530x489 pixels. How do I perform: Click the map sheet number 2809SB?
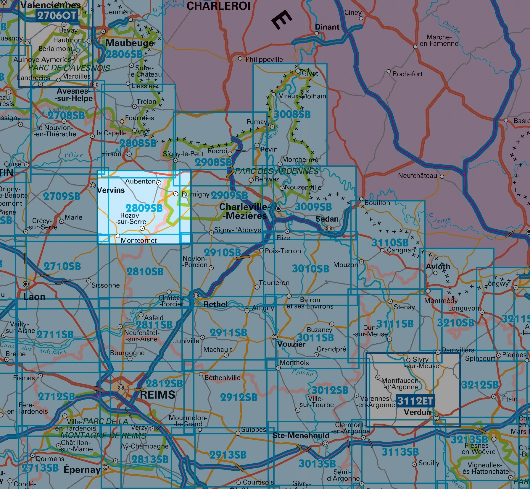(x=144, y=208)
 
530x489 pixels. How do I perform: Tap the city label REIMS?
(x=157, y=395)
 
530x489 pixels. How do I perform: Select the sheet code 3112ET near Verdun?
(x=415, y=401)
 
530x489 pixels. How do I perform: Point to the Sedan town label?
(x=327, y=219)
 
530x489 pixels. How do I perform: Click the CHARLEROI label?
(x=218, y=6)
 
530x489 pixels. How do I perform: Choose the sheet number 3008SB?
(x=292, y=114)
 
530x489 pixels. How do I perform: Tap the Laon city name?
(x=34, y=297)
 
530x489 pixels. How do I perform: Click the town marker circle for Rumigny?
(x=176, y=194)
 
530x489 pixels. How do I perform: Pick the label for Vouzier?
(x=291, y=344)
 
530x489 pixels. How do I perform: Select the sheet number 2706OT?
(x=57, y=15)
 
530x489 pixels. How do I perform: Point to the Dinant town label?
(x=327, y=27)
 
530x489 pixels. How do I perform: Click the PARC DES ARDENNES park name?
(x=276, y=171)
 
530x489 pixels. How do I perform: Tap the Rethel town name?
(x=215, y=304)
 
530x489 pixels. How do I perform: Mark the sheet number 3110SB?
(x=390, y=243)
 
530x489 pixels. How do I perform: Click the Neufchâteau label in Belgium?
(x=417, y=176)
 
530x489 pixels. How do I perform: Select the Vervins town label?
(x=111, y=190)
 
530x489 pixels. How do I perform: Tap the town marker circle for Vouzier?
(x=275, y=337)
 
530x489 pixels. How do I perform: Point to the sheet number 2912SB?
(x=239, y=397)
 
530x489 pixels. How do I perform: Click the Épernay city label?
(x=82, y=469)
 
